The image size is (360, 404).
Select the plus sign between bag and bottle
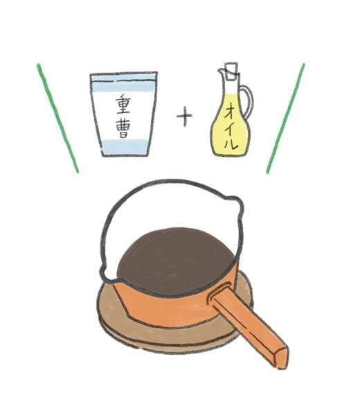click(x=184, y=116)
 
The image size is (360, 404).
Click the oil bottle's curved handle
click(x=248, y=104)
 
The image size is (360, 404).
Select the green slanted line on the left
click(x=58, y=118)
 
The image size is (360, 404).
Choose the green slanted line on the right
click(x=285, y=118)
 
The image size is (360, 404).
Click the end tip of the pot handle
click(x=280, y=358)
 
